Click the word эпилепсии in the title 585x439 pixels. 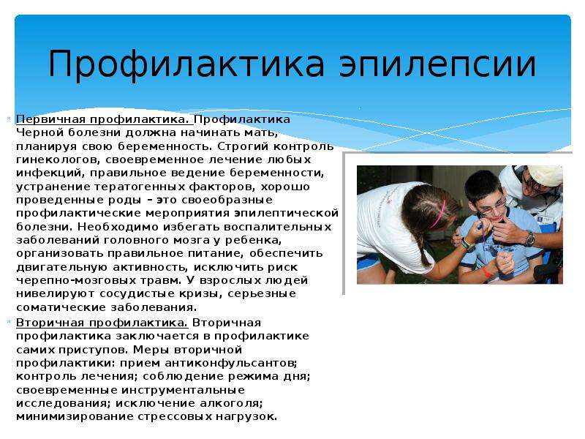437,64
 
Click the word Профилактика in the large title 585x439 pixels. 186,64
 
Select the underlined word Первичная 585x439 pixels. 51,119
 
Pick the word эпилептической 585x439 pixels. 286,214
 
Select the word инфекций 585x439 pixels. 50,173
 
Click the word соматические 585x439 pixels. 61,307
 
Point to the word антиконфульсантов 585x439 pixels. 231,363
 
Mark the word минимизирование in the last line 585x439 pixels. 75,416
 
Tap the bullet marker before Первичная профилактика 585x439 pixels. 9,119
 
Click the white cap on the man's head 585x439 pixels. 546,175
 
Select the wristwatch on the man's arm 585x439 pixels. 529,239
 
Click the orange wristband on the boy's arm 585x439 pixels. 487,271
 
